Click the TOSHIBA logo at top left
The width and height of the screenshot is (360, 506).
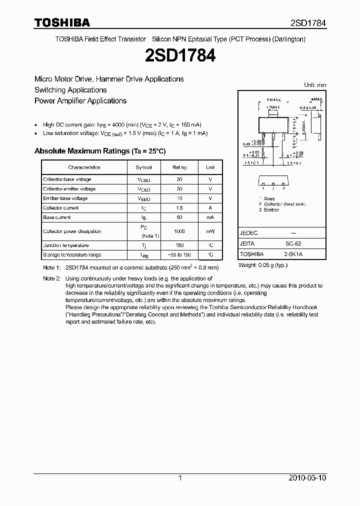click(62, 22)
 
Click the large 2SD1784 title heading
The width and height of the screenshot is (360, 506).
click(179, 56)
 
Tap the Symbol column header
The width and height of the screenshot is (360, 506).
click(144, 167)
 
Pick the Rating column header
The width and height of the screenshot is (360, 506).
click(179, 167)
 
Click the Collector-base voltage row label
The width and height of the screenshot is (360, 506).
click(67, 179)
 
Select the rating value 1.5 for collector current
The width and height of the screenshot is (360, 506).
click(179, 207)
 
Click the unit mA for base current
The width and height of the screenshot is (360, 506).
click(210, 217)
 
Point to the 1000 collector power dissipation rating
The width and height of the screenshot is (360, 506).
click(179, 231)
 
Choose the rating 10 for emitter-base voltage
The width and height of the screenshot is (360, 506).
click(179, 198)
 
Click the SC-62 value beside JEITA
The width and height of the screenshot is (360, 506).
click(293, 243)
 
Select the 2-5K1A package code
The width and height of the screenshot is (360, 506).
click(293, 254)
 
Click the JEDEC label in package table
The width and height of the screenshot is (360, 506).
click(249, 233)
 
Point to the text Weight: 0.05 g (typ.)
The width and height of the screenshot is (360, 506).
click(263, 265)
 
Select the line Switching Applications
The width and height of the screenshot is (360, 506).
click(70, 90)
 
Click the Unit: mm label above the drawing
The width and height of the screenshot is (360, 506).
click(315, 85)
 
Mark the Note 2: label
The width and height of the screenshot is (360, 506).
click(51, 278)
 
